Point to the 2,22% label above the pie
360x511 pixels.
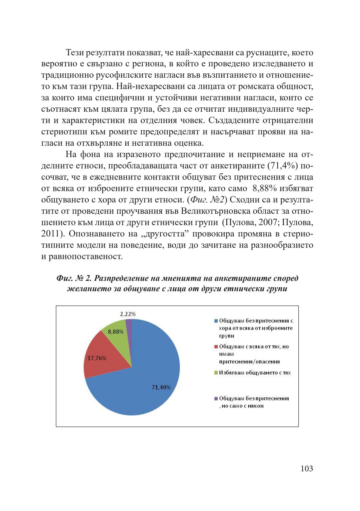(x=128, y=314)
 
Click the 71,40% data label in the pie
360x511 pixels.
(x=161, y=387)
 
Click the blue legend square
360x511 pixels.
(x=216, y=321)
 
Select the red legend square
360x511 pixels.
(x=216, y=347)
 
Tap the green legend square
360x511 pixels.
(x=216, y=373)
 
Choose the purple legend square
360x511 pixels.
(x=216, y=398)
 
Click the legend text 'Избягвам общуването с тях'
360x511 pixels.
(x=255, y=373)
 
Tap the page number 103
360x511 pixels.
(x=307, y=469)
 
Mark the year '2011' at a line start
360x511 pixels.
(x=50, y=234)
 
